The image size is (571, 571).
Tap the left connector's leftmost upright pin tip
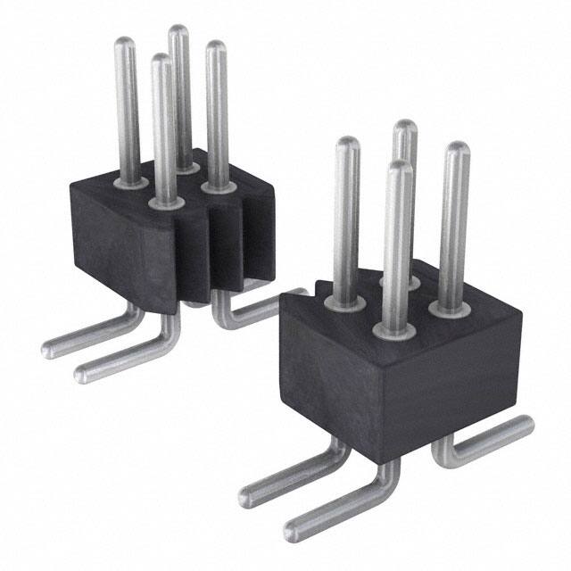click(127, 43)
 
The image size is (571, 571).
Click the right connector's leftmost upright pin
click(347, 214)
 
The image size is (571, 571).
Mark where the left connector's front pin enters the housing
click(165, 203)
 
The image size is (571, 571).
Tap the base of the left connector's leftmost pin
click(131, 182)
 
